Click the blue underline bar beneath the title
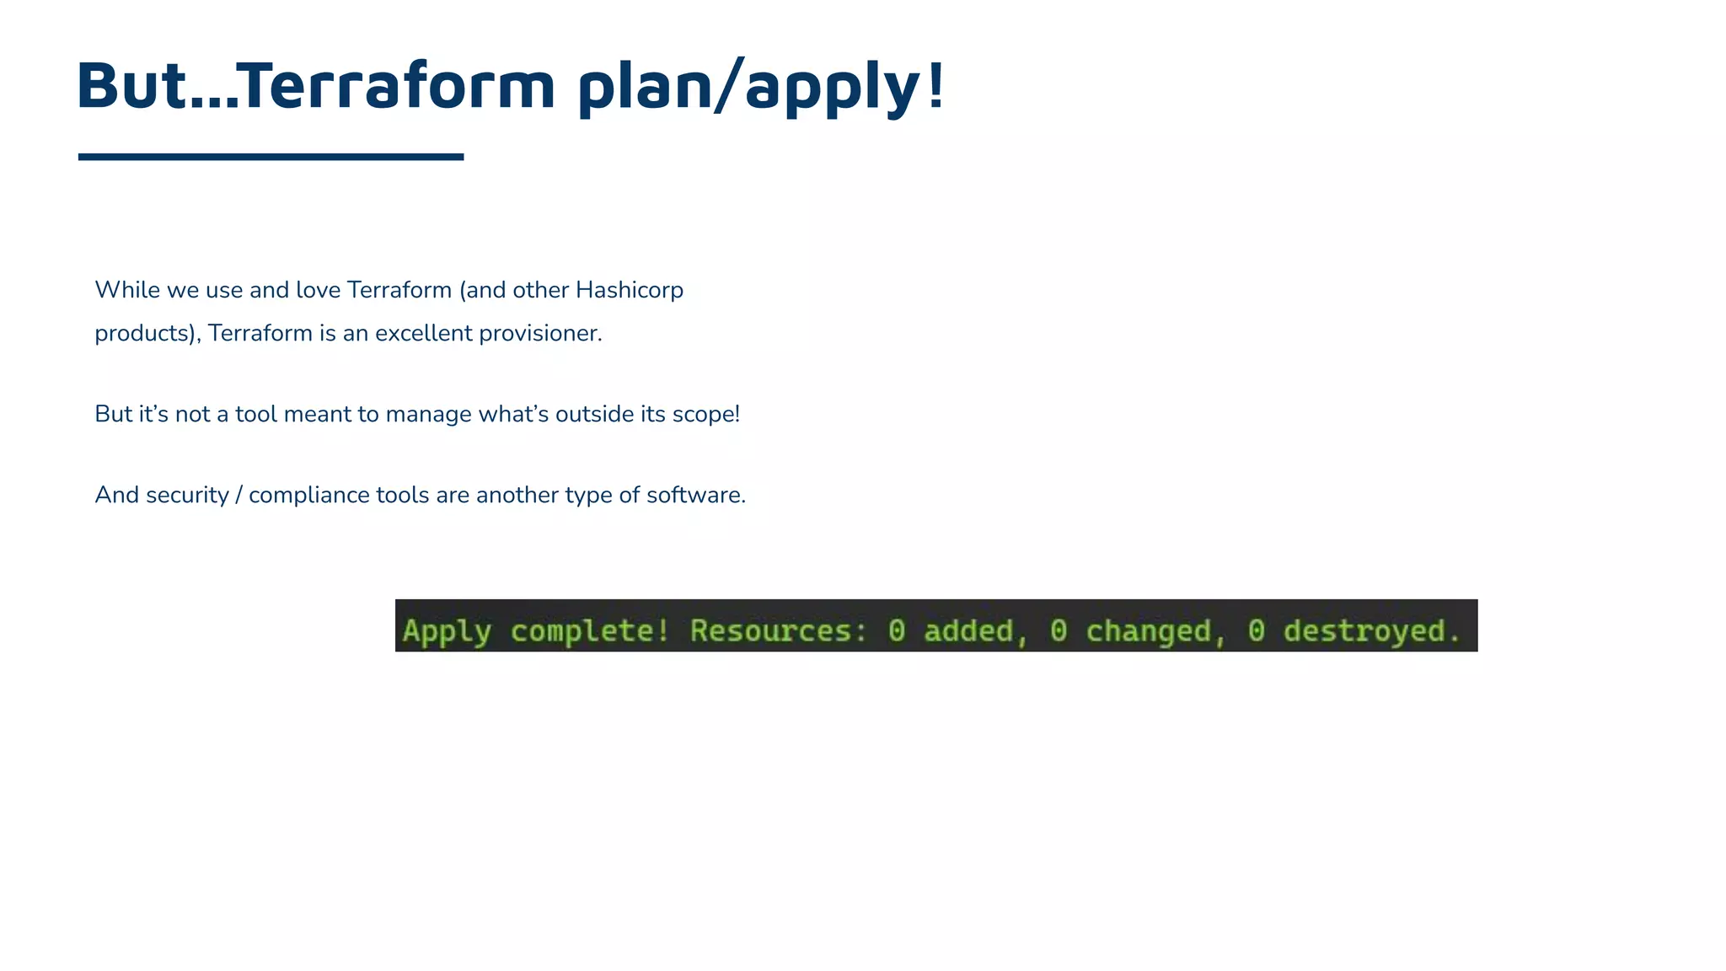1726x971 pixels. pos(271,157)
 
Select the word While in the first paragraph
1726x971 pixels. pos(127,290)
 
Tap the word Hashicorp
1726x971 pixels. pos(629,290)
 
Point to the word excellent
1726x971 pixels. pos(423,333)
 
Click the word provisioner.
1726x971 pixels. pos(540,333)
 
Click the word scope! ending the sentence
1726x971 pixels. pos(705,414)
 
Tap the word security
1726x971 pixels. pos(187,495)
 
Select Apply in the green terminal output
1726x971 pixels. pos(447,631)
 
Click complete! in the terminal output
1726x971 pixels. pos(590,630)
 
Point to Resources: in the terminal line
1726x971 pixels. pos(779,630)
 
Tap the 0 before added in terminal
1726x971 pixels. pos(897,630)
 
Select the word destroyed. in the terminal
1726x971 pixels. pos(1371,631)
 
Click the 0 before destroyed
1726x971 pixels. pos(1256,630)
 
